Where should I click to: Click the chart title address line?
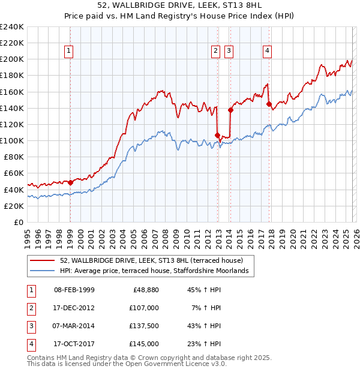click(180, 5)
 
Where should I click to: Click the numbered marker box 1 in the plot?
click(70, 52)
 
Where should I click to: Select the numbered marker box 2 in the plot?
click(215, 52)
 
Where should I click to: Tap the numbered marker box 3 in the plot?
click(229, 52)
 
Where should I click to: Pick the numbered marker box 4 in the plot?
click(266, 52)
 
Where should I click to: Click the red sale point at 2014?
click(230, 110)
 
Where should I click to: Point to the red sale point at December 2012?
click(217, 135)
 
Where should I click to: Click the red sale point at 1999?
click(70, 182)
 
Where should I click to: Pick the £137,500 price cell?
click(144, 327)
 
